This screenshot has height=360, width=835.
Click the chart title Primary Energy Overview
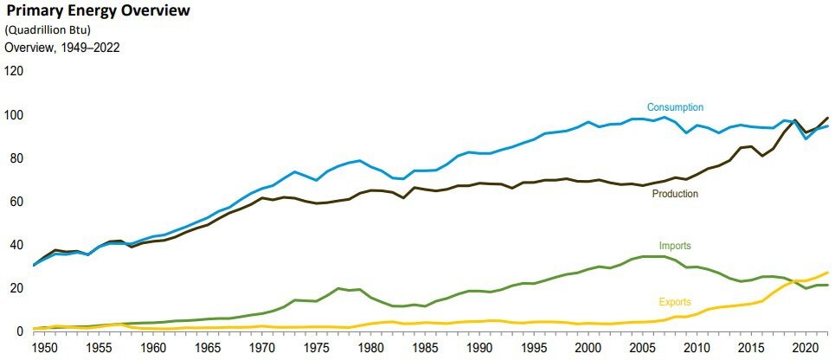pyautogui.click(x=98, y=12)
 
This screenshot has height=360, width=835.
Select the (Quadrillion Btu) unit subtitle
pyautogui.click(x=48, y=31)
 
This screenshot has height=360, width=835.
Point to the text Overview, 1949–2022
pyautogui.click(x=62, y=48)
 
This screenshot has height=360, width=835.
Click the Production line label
pyautogui.click(x=674, y=194)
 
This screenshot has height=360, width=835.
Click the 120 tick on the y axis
pyautogui.click(x=14, y=71)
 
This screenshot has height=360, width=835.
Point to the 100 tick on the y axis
pyautogui.click(x=14, y=115)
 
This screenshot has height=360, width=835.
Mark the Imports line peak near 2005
pyautogui.click(x=646, y=256)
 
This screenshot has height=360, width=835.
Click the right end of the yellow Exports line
pyautogui.click(x=828, y=273)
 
